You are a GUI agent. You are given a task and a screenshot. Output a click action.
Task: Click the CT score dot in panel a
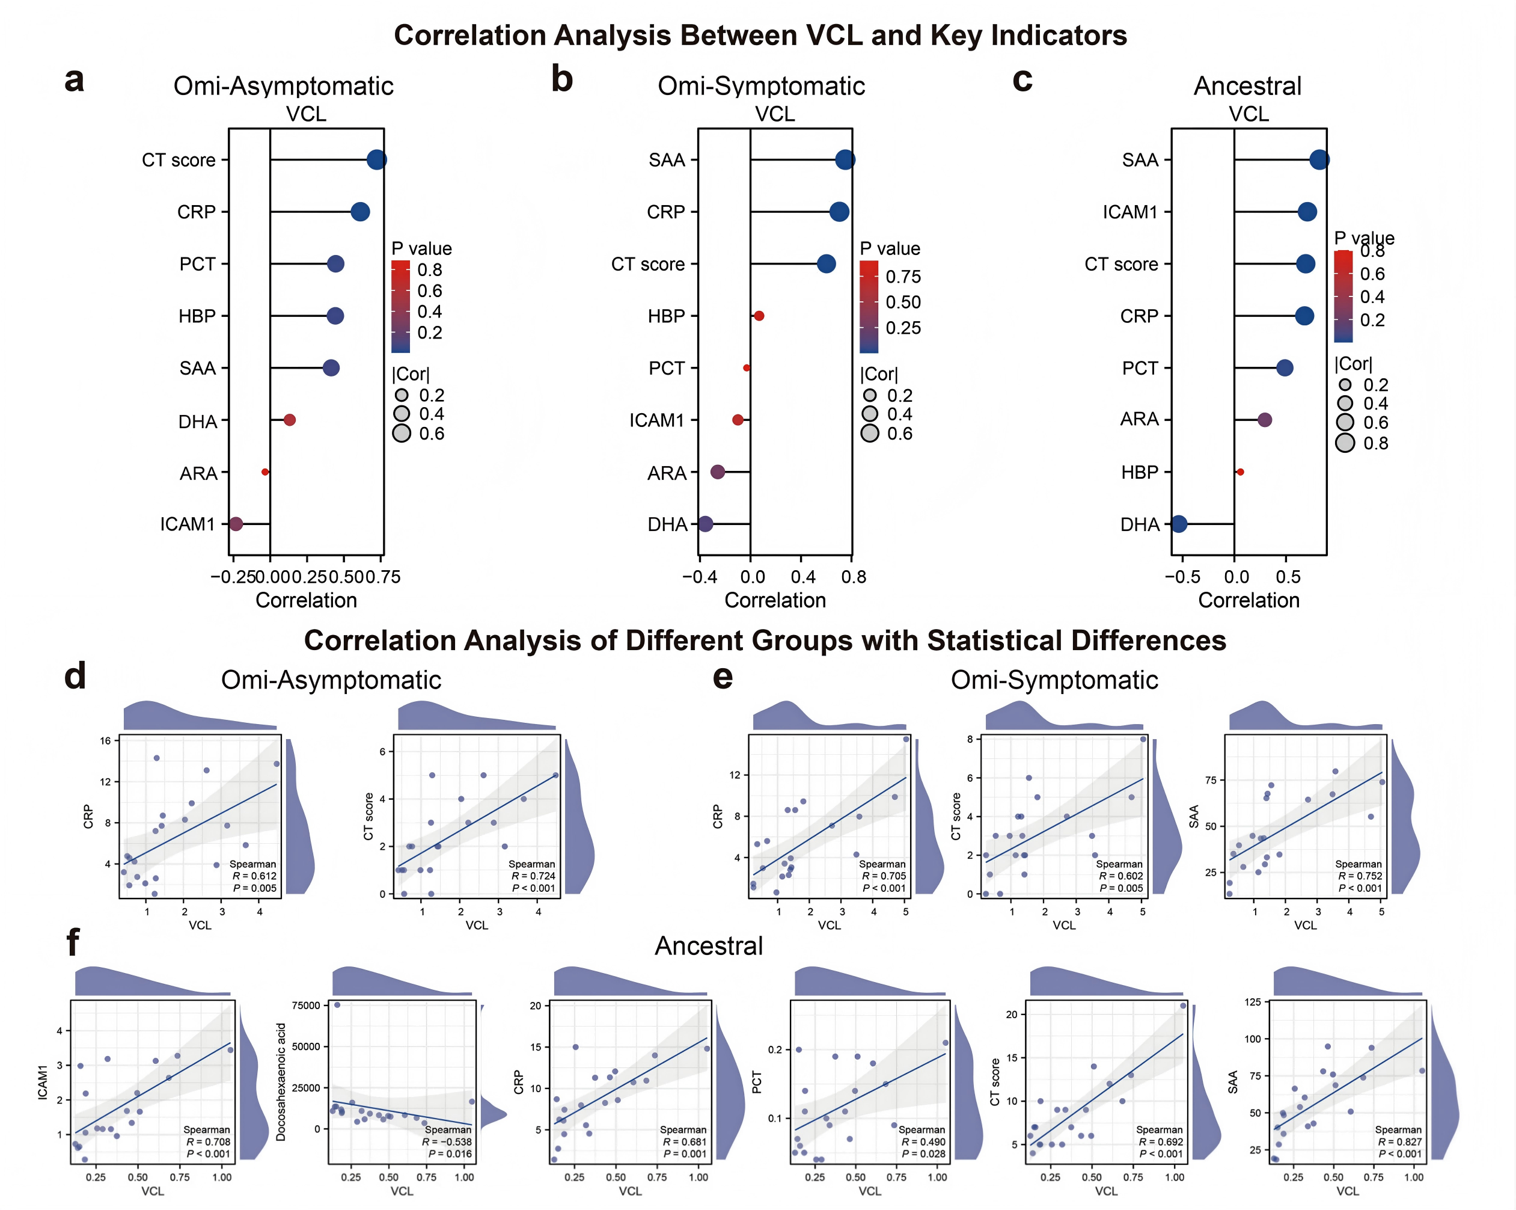(376, 160)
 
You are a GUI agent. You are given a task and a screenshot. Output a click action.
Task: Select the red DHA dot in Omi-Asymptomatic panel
(289, 420)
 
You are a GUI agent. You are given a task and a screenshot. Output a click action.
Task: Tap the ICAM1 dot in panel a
(236, 524)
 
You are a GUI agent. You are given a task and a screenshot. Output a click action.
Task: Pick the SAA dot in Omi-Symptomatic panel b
(845, 160)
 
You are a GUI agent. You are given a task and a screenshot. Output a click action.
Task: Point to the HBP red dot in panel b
(759, 316)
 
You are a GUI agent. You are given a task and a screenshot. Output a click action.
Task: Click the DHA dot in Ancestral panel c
(1179, 524)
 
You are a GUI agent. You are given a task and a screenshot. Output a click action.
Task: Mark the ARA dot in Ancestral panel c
(1264, 420)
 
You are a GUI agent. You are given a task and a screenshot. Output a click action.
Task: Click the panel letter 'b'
(562, 79)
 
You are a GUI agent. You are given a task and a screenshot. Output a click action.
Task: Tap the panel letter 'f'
(72, 942)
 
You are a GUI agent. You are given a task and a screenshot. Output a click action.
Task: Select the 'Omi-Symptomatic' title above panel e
(1054, 680)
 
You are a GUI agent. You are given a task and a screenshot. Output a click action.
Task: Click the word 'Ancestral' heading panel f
(708, 946)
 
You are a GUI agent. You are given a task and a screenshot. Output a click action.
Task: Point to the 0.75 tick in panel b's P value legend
(903, 277)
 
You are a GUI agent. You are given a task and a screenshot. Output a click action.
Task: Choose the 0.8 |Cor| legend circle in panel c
(1345, 443)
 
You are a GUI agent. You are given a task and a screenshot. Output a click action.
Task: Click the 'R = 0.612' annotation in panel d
(254, 876)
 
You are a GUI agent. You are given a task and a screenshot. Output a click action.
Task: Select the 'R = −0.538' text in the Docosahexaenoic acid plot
(447, 1142)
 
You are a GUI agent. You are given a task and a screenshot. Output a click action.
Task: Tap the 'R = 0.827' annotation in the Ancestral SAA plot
(1399, 1142)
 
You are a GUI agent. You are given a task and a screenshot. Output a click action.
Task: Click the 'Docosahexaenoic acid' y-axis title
(281, 1081)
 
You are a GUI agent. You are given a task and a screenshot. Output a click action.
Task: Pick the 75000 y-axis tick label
(306, 1006)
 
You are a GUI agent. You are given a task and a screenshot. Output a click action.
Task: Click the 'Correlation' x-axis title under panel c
(1249, 600)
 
